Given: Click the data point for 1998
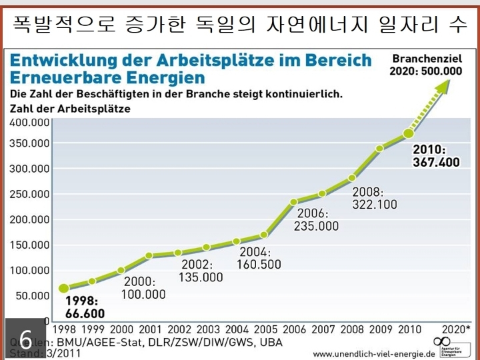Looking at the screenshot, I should coord(64,289).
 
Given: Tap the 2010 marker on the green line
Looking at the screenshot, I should coord(409,135).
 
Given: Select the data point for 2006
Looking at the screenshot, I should coord(294,202).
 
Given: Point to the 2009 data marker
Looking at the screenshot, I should coord(379,149).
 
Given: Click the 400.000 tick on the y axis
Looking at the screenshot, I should coord(30,123).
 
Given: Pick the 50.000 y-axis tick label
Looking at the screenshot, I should coord(33,295).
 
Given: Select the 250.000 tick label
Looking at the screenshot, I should coord(30,194).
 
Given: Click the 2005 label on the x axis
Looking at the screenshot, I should coord(265,329).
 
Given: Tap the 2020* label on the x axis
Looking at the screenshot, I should coord(456,329).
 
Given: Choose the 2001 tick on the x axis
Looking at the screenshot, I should coord(150,329).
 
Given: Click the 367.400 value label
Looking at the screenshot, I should coord(437,162).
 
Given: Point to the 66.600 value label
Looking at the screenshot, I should coord(85,313).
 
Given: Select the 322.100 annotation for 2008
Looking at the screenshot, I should coord(374,205).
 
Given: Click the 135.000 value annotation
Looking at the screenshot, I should coord(201,277).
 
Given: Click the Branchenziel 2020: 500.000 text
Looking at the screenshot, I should coord(427,65).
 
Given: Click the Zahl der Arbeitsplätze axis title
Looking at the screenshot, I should coord(71,108).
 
